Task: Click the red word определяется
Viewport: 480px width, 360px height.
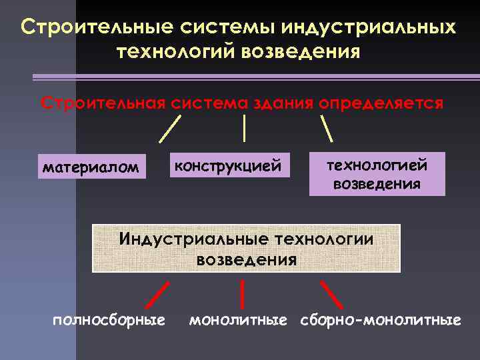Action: (x=381, y=104)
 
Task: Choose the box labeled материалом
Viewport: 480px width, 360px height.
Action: (x=91, y=167)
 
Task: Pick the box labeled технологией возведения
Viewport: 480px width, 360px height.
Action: (x=377, y=174)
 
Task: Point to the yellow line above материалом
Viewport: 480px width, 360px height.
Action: (x=171, y=129)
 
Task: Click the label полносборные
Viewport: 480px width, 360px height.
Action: (x=109, y=321)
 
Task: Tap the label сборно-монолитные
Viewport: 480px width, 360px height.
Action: (x=380, y=321)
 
